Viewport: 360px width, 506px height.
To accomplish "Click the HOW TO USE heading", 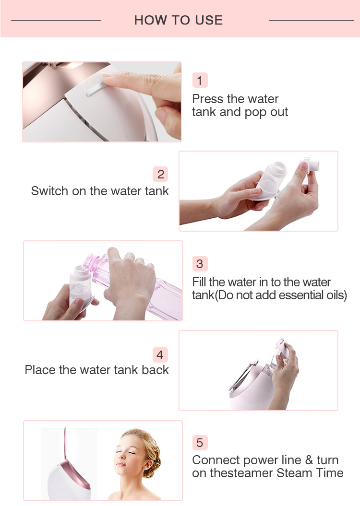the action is pos(179,20).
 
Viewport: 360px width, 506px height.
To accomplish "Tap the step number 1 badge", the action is pos(200,81).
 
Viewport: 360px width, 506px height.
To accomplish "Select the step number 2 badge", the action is pos(160,174).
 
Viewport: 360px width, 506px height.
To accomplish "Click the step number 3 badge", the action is pos(200,264).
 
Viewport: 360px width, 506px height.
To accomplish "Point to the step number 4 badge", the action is pos(160,355).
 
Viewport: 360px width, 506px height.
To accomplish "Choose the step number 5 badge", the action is pos(200,442).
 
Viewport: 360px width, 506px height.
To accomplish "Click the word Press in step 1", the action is pos(208,99).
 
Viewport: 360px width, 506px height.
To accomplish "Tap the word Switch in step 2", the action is pos(50,191).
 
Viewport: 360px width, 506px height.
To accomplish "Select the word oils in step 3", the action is pos(336,295).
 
